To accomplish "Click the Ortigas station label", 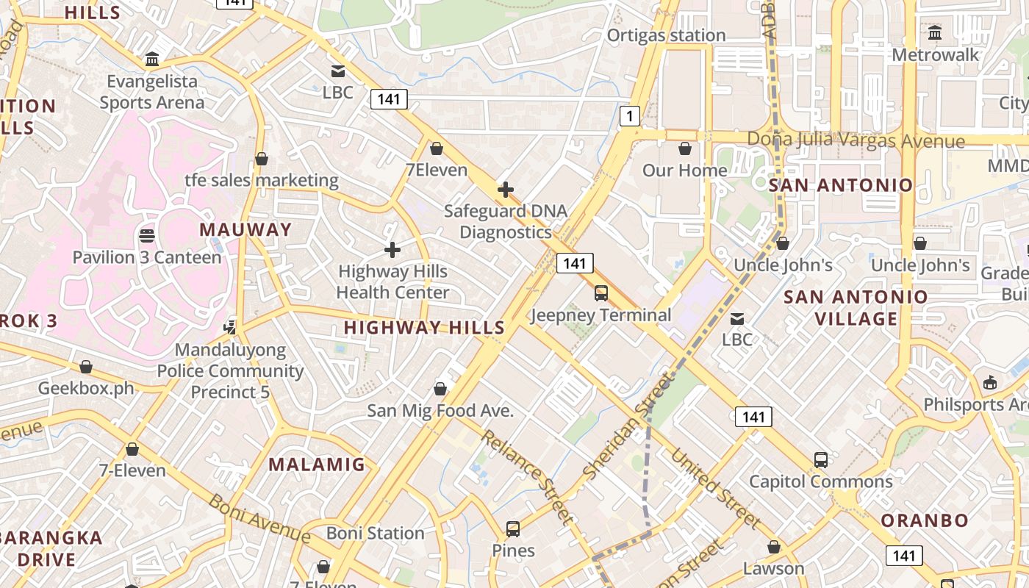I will pos(666,35).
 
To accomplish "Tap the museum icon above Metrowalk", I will pos(935,33).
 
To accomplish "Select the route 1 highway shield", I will pos(629,115).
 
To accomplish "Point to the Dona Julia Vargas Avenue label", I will pos(856,140).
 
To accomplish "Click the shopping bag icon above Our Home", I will pos(685,149).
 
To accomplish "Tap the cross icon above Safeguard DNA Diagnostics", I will pos(506,190).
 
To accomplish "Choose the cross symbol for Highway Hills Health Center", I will pos(392,250).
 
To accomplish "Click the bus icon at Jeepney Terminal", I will pos(601,293).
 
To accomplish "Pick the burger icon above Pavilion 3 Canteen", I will pos(146,236).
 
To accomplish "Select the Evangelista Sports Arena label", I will pos(152,92).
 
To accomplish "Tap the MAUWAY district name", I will pos(245,229).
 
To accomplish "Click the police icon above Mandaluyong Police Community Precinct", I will pos(231,326).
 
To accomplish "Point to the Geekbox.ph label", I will pos(86,388).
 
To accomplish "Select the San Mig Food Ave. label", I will pos(440,411).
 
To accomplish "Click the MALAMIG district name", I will pos(316,464).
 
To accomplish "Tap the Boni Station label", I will pos(375,533).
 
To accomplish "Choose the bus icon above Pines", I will pos(513,528).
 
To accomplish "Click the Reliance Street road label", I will pos(527,476).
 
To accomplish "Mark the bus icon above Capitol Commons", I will pos(821,460).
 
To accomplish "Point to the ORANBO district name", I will pos(925,520).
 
